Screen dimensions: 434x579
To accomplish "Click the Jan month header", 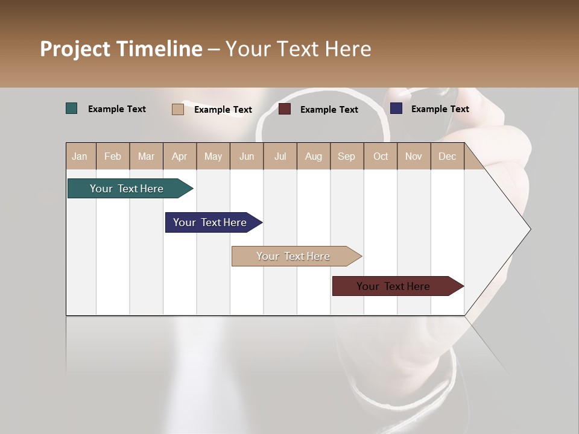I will click(x=80, y=156).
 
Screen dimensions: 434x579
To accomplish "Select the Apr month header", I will click(x=180, y=156).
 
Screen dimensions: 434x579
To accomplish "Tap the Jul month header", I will click(x=280, y=156).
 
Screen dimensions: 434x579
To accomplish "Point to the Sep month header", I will click(x=346, y=156).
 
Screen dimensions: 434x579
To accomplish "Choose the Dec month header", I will click(x=447, y=156).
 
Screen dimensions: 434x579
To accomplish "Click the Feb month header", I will click(x=113, y=156).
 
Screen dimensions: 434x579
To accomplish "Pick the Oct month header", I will click(x=381, y=156).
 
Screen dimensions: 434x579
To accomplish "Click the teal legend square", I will click(x=72, y=108).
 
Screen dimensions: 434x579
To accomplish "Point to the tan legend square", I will click(x=177, y=109).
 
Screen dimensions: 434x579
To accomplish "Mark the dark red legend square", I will click(x=285, y=109).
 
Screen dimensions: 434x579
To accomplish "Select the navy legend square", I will click(x=396, y=108).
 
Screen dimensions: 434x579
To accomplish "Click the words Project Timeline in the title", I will click(x=121, y=49).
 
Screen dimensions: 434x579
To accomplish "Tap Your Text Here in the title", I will click(x=298, y=49).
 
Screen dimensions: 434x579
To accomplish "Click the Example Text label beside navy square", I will click(x=440, y=109).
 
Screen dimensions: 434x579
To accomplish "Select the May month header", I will click(x=213, y=156).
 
